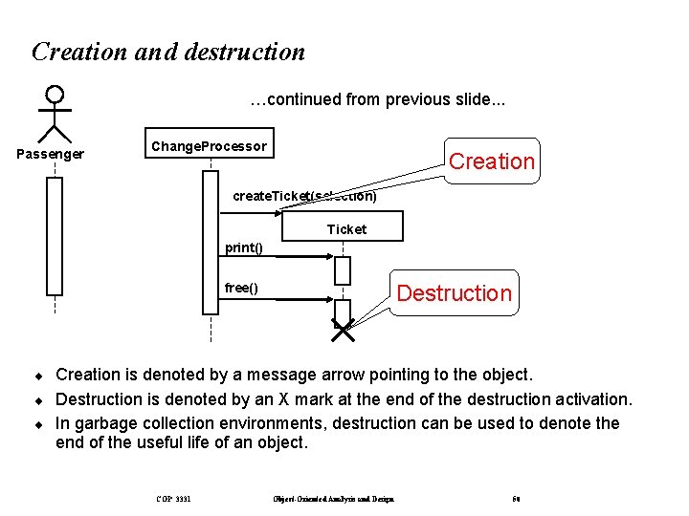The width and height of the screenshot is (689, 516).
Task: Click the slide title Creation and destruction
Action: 168,52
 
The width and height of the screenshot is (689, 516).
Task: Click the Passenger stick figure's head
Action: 55,95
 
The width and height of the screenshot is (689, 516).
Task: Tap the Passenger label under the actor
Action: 51,154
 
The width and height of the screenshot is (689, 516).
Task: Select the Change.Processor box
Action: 209,146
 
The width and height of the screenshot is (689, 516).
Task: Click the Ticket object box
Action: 344,228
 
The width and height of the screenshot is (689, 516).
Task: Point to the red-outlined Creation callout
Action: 491,161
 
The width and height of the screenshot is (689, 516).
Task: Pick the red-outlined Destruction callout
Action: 454,292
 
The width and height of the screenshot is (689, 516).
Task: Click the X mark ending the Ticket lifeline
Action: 343,331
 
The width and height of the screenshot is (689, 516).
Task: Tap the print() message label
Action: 243,248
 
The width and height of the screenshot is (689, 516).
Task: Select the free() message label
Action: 240,288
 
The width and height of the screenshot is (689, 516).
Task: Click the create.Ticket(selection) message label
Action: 304,197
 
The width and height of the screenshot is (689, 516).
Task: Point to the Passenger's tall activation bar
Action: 55,236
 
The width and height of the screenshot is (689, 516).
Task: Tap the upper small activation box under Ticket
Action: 343,270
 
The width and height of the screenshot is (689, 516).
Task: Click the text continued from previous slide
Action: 378,99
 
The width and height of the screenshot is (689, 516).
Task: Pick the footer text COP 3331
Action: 172,498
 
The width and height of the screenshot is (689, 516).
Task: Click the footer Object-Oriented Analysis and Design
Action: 333,498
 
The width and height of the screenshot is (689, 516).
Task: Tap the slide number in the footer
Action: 516,498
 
